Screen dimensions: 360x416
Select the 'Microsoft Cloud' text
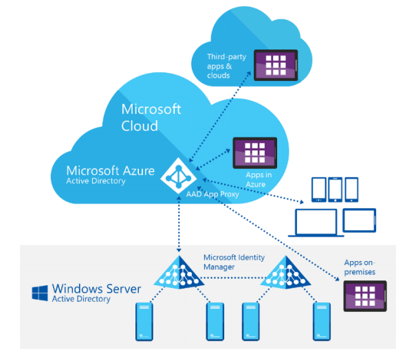pos(151,117)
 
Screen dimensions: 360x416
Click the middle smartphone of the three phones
pos(335,189)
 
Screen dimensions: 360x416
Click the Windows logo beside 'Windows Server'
pos(40,293)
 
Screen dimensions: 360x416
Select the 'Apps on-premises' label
pos(360,267)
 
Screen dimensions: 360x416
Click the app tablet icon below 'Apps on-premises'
pos(365,296)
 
